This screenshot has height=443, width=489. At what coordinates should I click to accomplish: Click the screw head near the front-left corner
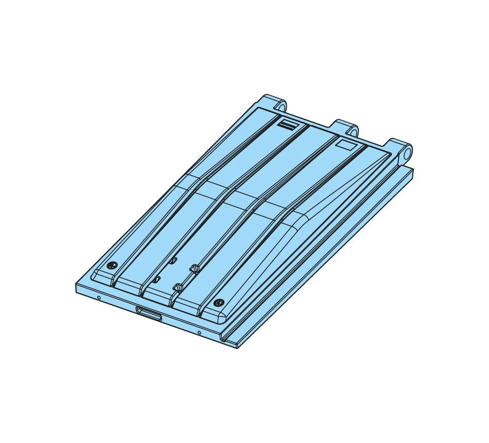tap(112, 265)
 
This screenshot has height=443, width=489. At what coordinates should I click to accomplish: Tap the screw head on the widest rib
tap(219, 303)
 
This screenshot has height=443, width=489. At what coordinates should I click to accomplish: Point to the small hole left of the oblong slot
tap(99, 297)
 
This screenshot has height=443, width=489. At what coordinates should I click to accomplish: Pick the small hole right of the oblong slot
tap(199, 332)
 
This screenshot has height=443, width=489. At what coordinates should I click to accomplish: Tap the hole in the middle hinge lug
tap(353, 132)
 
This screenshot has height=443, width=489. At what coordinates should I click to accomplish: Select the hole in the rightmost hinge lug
tap(407, 153)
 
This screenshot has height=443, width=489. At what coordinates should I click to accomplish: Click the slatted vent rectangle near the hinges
tap(287, 124)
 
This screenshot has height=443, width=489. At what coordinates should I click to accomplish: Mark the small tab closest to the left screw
tap(156, 279)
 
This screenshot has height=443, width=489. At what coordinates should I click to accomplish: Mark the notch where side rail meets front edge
tap(223, 338)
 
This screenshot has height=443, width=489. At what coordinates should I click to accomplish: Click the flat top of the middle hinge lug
tap(342, 123)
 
